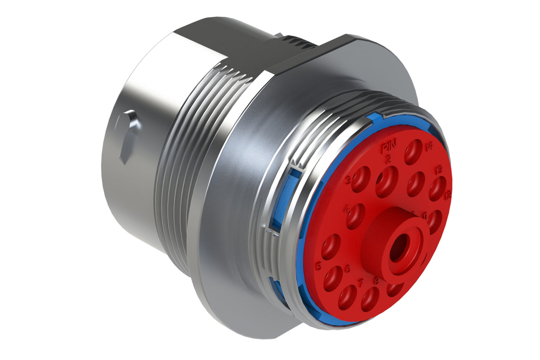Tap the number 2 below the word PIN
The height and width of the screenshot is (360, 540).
point(388,160)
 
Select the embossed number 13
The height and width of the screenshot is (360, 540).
point(439,170)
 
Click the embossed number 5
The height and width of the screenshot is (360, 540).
point(319,267)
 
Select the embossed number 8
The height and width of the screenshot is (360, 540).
point(377,281)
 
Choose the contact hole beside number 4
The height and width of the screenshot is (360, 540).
point(355,216)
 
